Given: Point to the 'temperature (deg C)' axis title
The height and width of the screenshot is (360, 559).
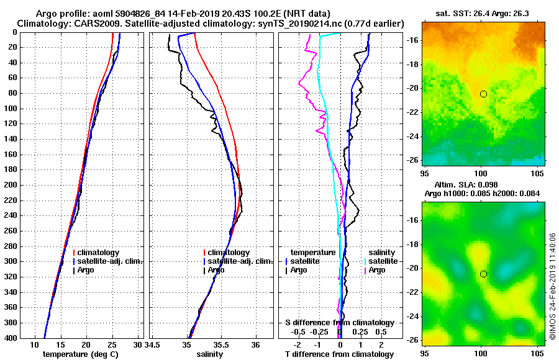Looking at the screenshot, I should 80,354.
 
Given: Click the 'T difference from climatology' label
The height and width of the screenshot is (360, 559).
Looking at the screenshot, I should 339,354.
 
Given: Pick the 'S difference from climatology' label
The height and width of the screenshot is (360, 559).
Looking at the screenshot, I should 339,323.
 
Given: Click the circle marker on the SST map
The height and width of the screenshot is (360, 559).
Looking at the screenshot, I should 483,94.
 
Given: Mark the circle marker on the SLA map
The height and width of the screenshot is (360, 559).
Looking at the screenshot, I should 483,274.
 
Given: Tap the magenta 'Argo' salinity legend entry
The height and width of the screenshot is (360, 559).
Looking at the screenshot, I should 377,270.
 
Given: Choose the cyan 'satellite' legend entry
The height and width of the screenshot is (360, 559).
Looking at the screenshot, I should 381,261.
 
